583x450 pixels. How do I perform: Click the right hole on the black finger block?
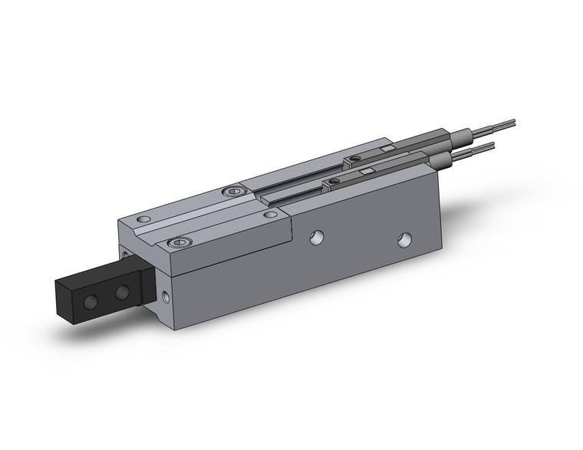coord(121,292)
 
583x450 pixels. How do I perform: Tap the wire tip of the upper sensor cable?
coord(512,120)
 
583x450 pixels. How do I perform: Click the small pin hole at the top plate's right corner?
coord(269,215)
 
